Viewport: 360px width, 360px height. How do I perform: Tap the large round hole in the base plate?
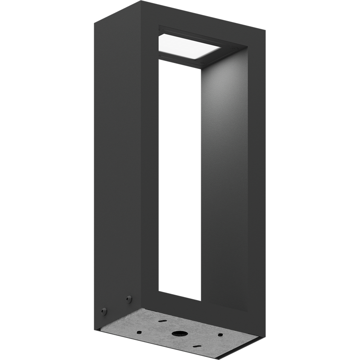[x=180, y=335]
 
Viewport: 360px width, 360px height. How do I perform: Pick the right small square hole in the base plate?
[x=219, y=335]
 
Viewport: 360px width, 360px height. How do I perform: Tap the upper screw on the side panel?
[x=129, y=298]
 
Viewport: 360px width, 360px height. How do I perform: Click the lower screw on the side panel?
[x=104, y=311]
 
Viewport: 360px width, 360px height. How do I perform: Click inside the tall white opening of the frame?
[x=179, y=180]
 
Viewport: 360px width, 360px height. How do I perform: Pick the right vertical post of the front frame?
[x=252, y=180]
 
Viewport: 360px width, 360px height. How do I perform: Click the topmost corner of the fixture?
[x=141, y=2]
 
